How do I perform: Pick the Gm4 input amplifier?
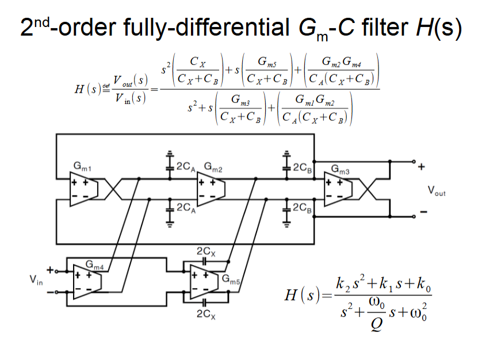tap(87, 281)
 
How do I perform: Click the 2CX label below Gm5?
tap(205, 313)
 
